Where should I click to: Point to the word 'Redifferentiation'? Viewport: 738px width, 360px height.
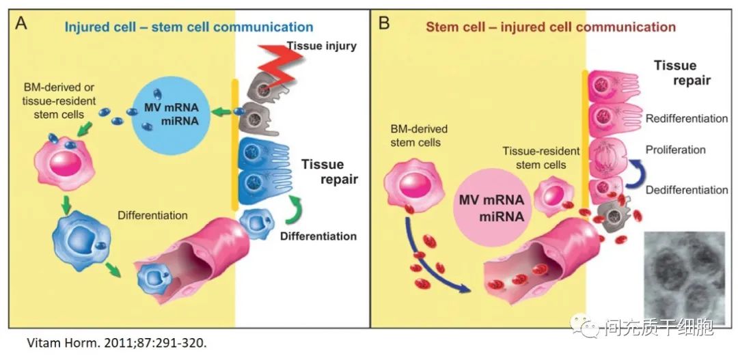(686, 118)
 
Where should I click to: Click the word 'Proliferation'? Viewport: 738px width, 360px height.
(675, 149)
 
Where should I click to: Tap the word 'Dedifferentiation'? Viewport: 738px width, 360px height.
(686, 190)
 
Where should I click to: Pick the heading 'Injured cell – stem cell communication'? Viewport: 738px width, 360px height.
(189, 27)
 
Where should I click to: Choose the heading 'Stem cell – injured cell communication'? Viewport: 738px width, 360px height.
(550, 27)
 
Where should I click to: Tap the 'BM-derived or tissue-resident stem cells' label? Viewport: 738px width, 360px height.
(54, 100)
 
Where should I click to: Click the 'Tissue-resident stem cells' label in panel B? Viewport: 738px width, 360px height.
(541, 156)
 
